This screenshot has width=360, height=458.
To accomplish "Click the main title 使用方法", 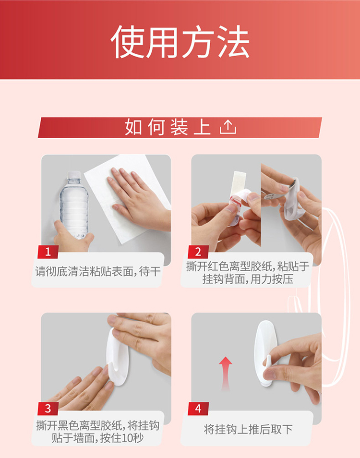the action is [x=180, y=41].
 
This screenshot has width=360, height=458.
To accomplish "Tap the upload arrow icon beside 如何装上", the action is [x=228, y=127].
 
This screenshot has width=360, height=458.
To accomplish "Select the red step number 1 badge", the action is [x=48, y=252].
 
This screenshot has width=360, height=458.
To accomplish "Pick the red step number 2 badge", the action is [x=198, y=252].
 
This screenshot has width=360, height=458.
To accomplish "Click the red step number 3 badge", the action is [x=48, y=409].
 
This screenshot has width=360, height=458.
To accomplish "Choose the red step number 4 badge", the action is [x=198, y=409].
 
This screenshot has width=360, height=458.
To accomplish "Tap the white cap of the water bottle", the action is [x=73, y=175].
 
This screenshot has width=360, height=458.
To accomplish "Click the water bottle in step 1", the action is [x=74, y=205].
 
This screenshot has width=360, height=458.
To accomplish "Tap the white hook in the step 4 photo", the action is [x=266, y=353].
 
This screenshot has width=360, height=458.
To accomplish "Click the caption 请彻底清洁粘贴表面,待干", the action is [x=98, y=272].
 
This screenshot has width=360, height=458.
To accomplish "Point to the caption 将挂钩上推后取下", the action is [x=248, y=429].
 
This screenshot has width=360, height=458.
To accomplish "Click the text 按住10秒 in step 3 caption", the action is [x=121, y=438].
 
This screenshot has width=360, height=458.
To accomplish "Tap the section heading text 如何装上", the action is [x=168, y=127].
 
